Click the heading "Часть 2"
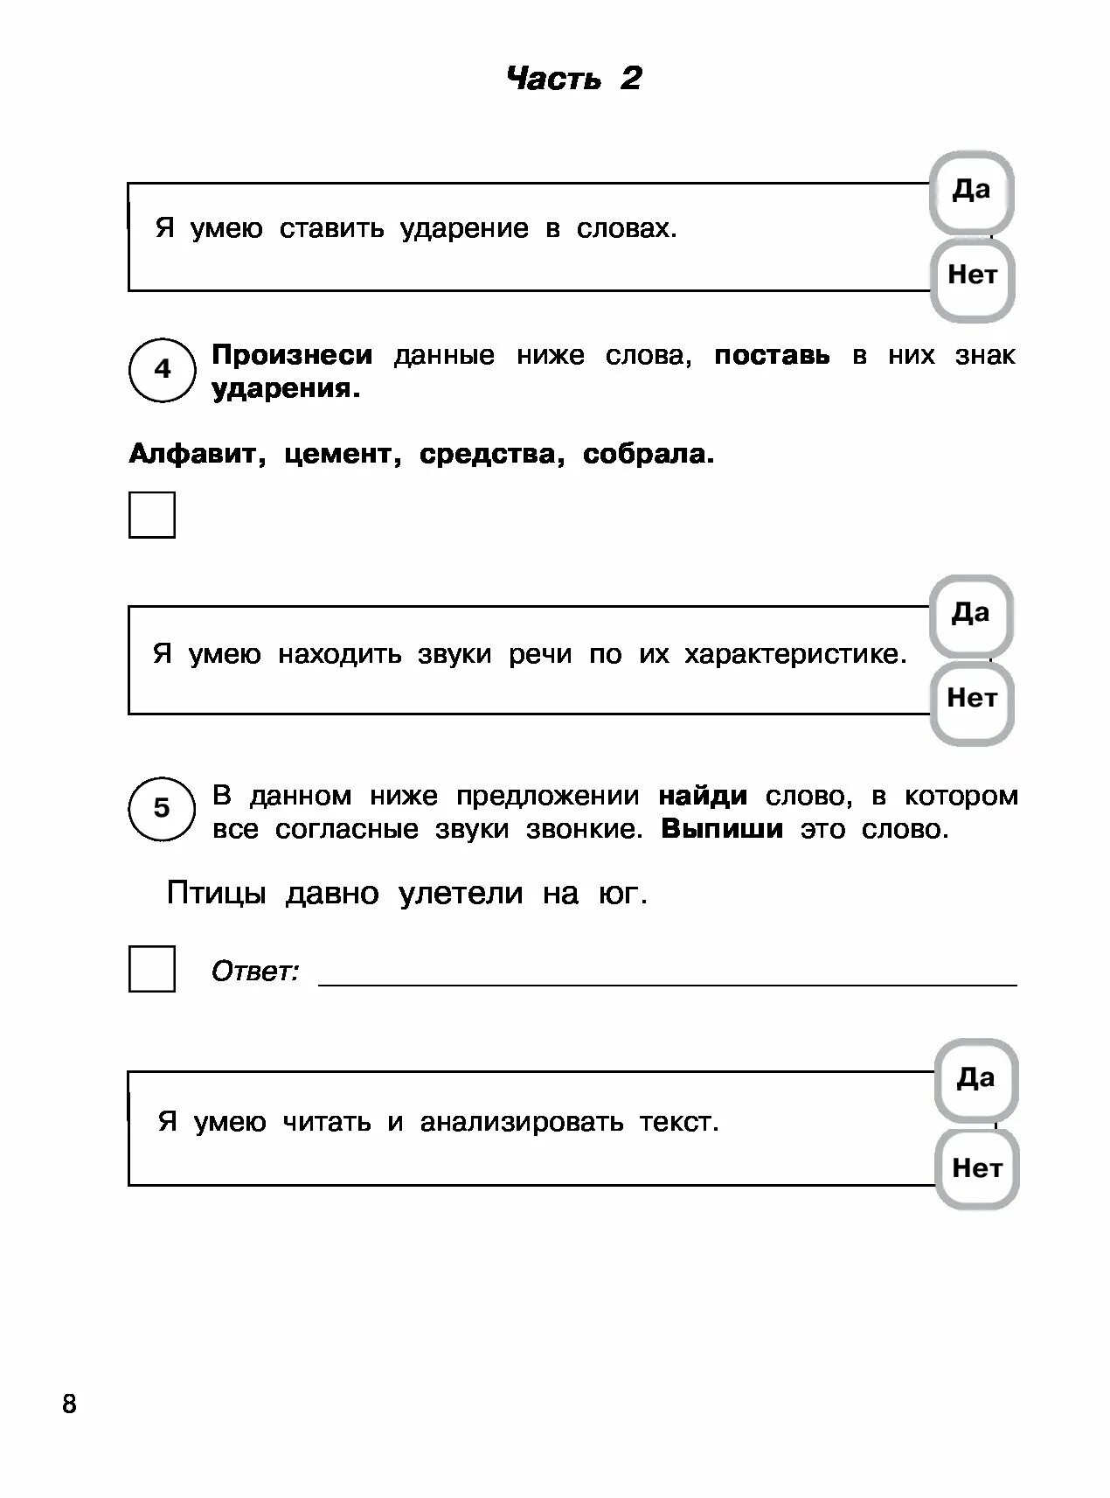pyautogui.click(x=574, y=79)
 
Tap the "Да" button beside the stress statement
pyautogui.click(x=971, y=191)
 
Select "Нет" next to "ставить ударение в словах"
pyautogui.click(x=972, y=276)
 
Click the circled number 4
pyautogui.click(x=163, y=369)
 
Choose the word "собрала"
pyautogui.click(x=648, y=454)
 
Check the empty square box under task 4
pyautogui.click(x=152, y=514)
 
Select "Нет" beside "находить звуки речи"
pyautogui.click(x=972, y=700)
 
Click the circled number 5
pyautogui.click(x=162, y=808)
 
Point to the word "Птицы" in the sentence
pyautogui.click(x=216, y=894)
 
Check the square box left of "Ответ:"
pyautogui.click(x=152, y=968)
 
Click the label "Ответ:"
pyautogui.click(x=255, y=971)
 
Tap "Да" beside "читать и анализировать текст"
pyautogui.click(x=975, y=1079)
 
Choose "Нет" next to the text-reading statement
pyautogui.click(x=977, y=1168)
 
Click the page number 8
pyautogui.click(x=69, y=1405)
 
